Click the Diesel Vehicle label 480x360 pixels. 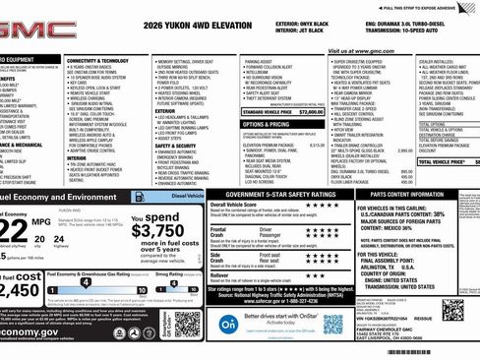pyautogui.click(x=180, y=197)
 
